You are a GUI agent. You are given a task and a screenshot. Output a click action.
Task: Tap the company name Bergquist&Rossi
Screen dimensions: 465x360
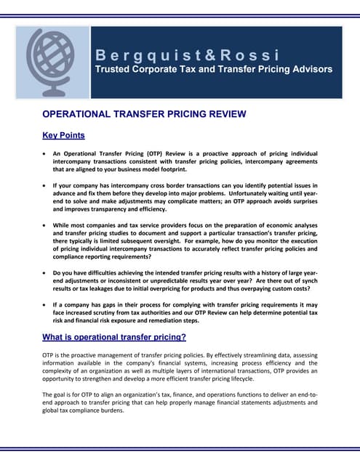[187, 55]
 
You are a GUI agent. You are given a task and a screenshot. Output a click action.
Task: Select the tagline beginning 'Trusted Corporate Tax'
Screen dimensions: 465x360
[214, 70]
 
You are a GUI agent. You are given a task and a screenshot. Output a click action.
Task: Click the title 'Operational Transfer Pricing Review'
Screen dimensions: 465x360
[144, 114]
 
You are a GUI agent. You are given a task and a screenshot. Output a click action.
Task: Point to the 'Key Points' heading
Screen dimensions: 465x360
[63, 135]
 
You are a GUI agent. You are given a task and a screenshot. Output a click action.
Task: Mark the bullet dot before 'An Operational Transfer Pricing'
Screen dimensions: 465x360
[46, 155]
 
